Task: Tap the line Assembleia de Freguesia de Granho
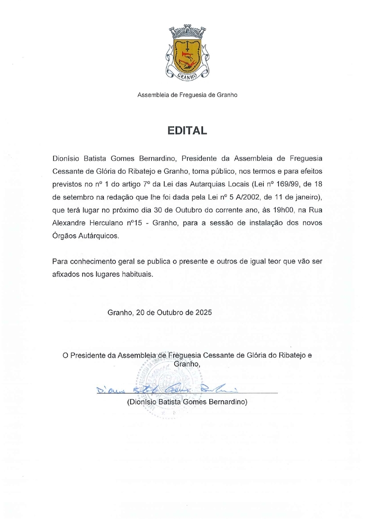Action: click(187, 95)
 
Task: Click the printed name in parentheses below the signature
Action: click(187, 402)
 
